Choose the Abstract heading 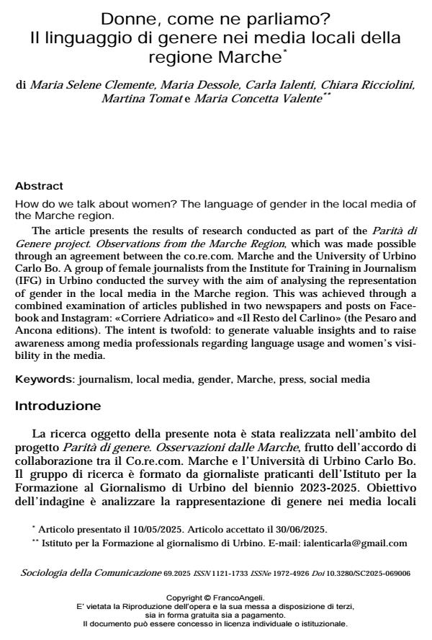[x=39, y=186]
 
